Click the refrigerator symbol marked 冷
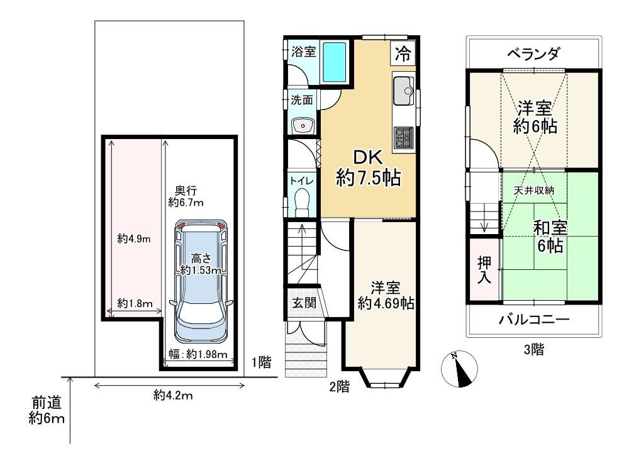point(403,53)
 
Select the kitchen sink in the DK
point(403,90)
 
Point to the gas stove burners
point(404,138)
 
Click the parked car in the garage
point(201,281)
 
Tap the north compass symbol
point(459,369)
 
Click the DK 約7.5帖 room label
point(368,168)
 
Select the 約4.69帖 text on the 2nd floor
point(386,303)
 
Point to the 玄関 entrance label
point(304,303)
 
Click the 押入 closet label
point(484,270)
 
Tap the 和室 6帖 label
point(550,237)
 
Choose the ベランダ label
point(533,53)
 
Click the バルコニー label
point(534,320)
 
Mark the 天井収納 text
point(534,190)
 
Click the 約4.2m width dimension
point(173,396)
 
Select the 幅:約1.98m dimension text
point(198,354)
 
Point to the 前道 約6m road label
point(47,410)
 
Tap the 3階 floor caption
point(534,350)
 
